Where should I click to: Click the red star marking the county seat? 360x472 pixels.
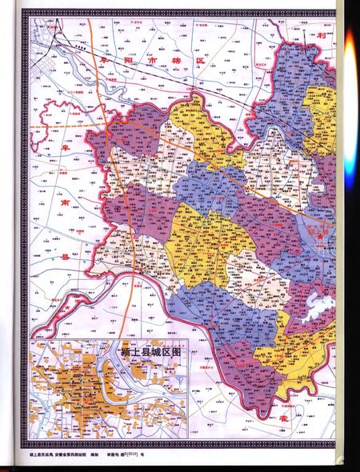pos(318,238)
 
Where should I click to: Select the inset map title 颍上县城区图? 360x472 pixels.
pos(151,350)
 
